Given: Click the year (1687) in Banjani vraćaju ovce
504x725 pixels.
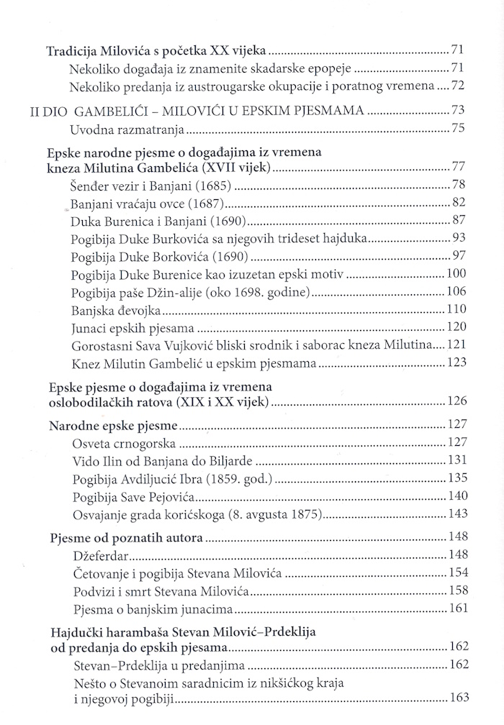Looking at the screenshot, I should point(215,202).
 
